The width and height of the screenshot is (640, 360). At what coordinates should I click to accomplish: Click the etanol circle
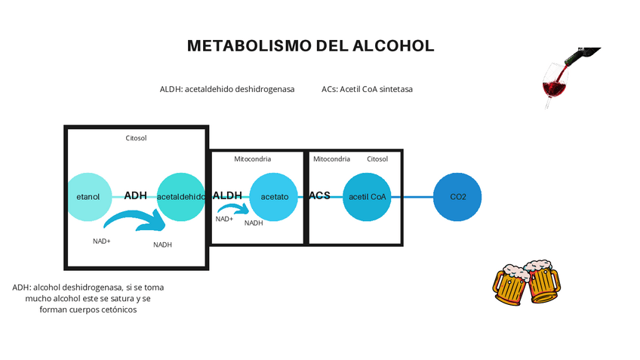tap(88, 197)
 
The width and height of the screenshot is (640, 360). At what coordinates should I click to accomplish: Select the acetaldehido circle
tap(180, 197)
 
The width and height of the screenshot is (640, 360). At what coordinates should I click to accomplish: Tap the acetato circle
tap(274, 197)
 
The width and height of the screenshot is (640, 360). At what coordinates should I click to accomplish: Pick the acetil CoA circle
tap(368, 197)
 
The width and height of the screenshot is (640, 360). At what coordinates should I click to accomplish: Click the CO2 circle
tap(458, 197)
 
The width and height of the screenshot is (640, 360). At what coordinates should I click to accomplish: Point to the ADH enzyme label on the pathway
tap(135, 196)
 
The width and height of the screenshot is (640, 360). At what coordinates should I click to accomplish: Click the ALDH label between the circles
tap(227, 195)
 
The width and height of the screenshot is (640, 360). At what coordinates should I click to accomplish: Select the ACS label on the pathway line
tap(319, 195)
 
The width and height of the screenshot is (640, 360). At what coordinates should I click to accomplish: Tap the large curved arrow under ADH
tap(136, 221)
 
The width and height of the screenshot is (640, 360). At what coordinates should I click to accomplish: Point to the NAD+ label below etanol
tap(102, 242)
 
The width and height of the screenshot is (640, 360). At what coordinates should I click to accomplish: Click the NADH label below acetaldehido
tap(162, 245)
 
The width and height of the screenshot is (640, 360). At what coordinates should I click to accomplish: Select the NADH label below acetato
tap(254, 223)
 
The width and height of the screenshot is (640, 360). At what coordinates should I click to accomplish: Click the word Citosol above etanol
tap(136, 138)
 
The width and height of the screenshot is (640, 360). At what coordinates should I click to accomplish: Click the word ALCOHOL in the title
tap(393, 46)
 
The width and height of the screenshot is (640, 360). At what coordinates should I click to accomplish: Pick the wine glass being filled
tap(555, 83)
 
